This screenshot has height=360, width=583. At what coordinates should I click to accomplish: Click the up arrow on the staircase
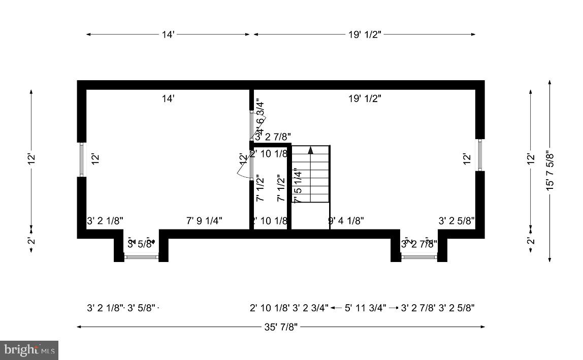tap(310, 150)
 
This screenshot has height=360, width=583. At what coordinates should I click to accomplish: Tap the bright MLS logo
tap(29, 350)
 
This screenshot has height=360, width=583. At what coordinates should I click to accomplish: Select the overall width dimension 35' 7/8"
tap(281, 326)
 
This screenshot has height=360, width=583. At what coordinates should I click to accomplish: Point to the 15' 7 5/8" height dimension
tap(549, 171)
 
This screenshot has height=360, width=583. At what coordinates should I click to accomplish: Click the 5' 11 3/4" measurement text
tap(365, 308)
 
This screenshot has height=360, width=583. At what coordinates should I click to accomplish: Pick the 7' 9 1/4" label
tap(204, 221)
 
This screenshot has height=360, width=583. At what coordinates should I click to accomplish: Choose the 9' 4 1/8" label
tap(346, 221)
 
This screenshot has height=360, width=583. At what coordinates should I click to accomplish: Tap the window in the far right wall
tap(479, 155)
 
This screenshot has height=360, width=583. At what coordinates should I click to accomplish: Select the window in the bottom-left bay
tap(142, 257)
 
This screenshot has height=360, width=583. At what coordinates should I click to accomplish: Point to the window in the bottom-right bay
tap(419, 257)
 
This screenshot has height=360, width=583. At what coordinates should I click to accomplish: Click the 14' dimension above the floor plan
tap(168, 35)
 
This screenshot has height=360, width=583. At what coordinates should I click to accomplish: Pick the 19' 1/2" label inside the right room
tap(365, 99)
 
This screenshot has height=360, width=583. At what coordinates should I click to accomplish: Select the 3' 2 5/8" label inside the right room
tap(457, 221)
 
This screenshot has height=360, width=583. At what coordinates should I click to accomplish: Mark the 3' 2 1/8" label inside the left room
tap(105, 221)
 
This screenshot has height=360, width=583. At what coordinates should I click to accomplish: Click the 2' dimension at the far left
tap(31, 241)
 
